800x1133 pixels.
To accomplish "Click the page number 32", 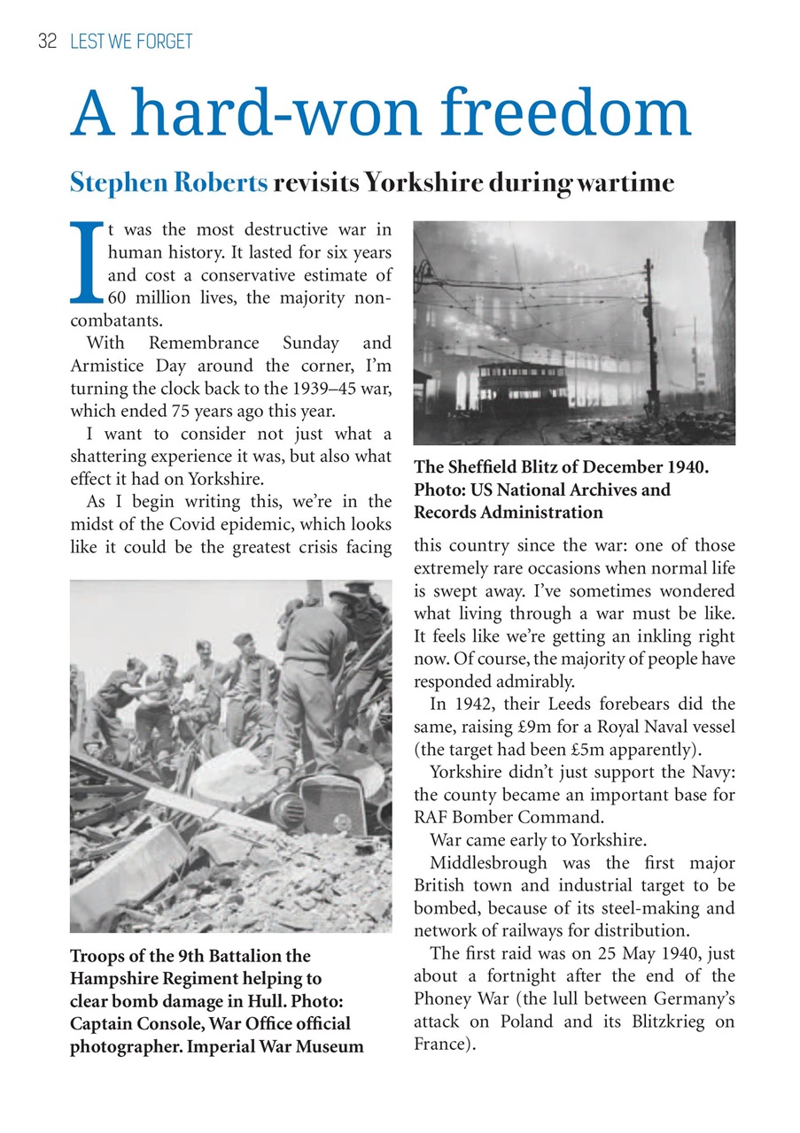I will pos(46,41).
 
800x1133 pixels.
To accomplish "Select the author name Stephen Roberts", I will pos(168,183).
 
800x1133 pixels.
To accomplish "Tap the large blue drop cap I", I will pos(85,263).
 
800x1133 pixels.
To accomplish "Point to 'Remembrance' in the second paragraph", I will pos(205,343).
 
